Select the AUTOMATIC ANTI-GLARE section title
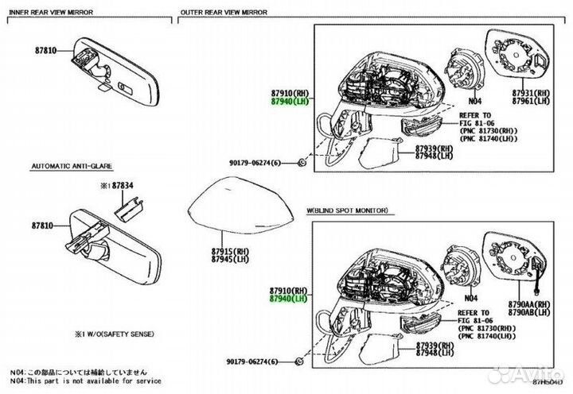click(x=72, y=168)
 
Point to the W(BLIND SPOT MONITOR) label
click(x=348, y=211)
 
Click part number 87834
click(x=123, y=185)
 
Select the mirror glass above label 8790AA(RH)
click(x=518, y=259)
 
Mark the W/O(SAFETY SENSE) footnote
click(x=115, y=333)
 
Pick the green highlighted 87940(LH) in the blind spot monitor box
click(x=287, y=299)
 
